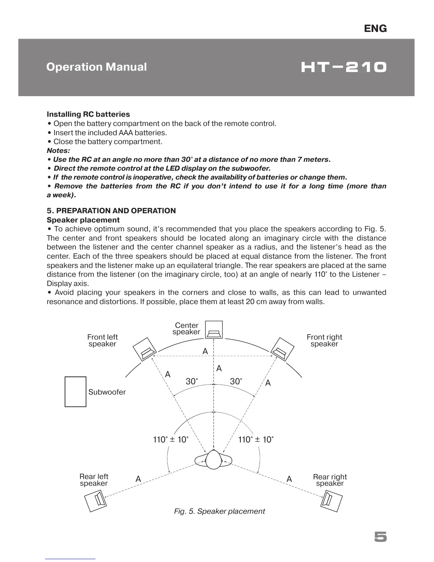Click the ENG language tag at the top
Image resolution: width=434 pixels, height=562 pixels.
[375, 28]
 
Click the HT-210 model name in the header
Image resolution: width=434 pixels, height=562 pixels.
[343, 67]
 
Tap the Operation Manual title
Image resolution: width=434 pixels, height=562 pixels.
[96, 67]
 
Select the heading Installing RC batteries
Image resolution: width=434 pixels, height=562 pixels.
[88, 114]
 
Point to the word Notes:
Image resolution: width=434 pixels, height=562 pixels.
[59, 150]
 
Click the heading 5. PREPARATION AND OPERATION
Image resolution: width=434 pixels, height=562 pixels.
[111, 211]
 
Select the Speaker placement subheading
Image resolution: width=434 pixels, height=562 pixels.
[83, 220]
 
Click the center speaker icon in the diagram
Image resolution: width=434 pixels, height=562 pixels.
[214, 330]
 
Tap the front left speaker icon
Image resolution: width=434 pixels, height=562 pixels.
[144, 349]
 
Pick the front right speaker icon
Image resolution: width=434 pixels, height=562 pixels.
[283, 349]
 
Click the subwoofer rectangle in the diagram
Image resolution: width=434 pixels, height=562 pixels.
[76, 392]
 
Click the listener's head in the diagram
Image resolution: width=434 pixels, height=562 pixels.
[213, 460]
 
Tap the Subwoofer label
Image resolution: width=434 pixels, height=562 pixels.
[107, 392]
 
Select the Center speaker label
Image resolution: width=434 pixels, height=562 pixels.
[187, 329]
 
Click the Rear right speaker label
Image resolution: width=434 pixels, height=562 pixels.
[330, 480]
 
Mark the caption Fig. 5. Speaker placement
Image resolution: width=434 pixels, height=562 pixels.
[219, 511]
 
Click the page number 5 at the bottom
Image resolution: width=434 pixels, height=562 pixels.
[380, 537]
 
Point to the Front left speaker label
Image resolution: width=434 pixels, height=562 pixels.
[102, 340]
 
